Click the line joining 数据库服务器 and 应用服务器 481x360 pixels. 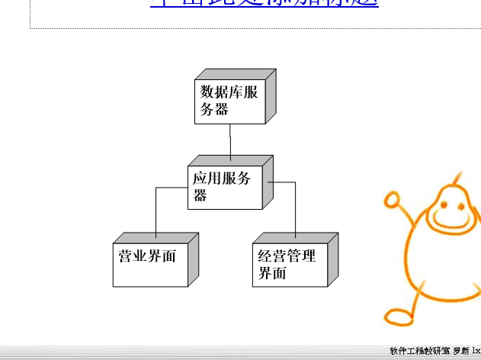pyautogui.click(x=229, y=142)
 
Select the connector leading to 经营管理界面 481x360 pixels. pyautogui.click(x=295, y=210)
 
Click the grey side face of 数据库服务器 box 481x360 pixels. pyautogui.click(x=270, y=95)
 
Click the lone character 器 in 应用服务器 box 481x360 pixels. pyautogui.click(x=200, y=196)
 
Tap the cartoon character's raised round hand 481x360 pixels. pyautogui.click(x=393, y=201)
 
